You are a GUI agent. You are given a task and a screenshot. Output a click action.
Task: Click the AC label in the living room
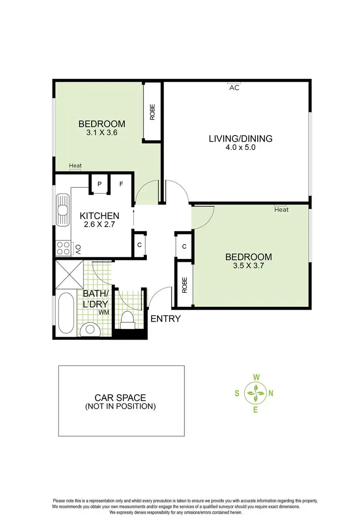(234, 88)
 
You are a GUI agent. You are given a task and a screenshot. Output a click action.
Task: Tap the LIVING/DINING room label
(240, 139)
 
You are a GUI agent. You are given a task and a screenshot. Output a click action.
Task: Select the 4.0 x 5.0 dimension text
(240, 148)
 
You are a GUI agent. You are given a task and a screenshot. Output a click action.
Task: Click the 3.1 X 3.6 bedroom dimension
(102, 134)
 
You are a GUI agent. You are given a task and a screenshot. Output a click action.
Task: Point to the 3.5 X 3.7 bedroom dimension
(249, 266)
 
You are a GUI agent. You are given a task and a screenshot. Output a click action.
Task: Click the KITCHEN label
(99, 216)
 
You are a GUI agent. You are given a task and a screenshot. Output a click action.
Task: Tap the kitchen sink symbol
(63, 210)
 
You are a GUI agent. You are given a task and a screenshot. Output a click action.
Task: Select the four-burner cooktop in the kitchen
(63, 248)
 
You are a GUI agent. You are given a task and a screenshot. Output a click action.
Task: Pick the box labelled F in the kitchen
(121, 184)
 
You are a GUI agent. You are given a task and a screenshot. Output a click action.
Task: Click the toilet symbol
(127, 318)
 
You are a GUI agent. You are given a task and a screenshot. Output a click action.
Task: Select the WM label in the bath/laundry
(103, 312)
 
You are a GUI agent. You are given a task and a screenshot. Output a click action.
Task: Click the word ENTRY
(166, 318)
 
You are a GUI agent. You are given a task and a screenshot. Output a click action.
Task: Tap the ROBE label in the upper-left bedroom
(153, 112)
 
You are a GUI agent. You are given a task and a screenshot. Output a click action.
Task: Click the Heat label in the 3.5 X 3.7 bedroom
(281, 210)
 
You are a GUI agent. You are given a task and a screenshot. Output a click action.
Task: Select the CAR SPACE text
(120, 398)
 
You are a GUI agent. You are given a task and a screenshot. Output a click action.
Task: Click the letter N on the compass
(271, 393)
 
